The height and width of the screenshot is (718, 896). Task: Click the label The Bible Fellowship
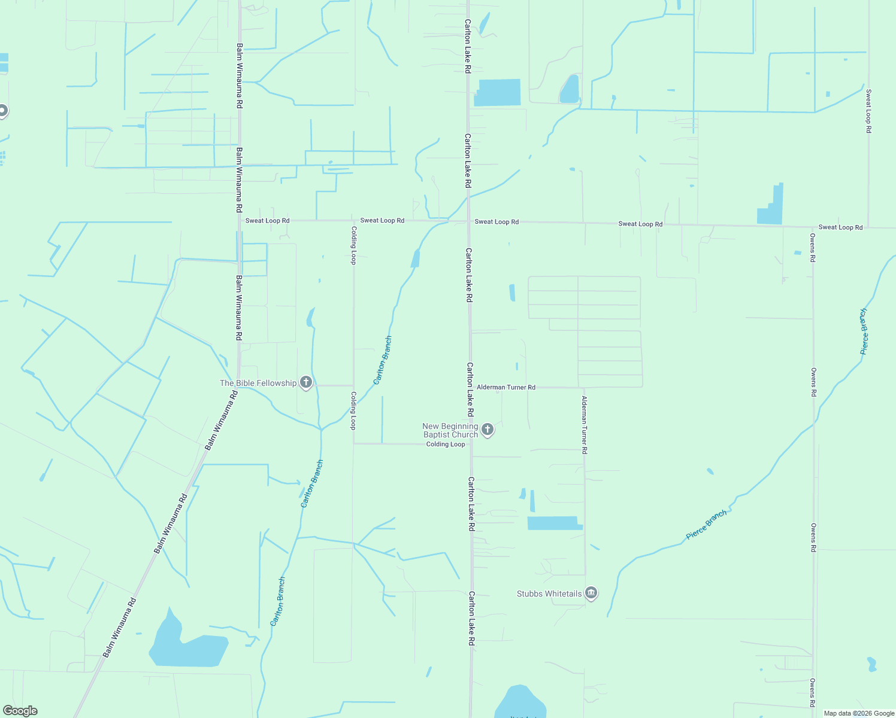click(x=258, y=383)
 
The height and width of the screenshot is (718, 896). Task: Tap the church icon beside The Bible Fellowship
click(x=306, y=382)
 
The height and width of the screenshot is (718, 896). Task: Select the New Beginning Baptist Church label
click(x=450, y=430)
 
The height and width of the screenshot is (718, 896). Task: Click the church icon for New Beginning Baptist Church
click(x=488, y=429)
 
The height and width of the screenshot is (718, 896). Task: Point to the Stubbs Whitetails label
click(x=549, y=594)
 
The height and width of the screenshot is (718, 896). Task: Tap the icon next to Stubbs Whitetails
click(x=591, y=593)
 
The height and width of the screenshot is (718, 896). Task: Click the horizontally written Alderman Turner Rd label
click(x=506, y=387)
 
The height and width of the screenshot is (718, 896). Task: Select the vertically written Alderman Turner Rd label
click(x=585, y=424)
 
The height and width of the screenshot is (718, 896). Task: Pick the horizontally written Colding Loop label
click(x=446, y=444)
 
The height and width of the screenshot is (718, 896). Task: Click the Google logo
click(x=20, y=711)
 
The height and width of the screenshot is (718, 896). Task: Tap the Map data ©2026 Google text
click(x=859, y=713)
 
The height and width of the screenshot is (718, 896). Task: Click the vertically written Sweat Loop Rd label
click(x=868, y=111)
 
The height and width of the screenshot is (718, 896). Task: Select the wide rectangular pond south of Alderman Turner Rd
click(x=555, y=523)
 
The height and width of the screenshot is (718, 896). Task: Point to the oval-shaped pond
click(x=570, y=89)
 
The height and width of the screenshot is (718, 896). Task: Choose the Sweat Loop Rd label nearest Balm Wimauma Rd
click(x=267, y=221)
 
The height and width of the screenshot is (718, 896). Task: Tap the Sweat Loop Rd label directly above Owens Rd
click(x=840, y=227)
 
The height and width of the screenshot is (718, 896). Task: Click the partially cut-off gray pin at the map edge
click(x=3, y=111)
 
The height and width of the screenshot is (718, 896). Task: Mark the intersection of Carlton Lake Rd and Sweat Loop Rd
click(x=468, y=221)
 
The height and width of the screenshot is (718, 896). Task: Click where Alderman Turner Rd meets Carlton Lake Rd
click(x=471, y=387)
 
